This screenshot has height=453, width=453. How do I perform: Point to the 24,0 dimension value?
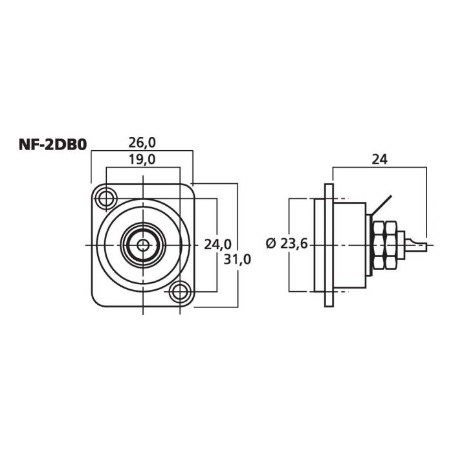pos(217,245)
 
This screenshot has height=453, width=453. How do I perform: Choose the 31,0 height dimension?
pos(237,259)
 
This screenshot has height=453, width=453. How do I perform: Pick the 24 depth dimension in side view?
pos(379,159)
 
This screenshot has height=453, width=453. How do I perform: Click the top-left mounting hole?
pos(105,197)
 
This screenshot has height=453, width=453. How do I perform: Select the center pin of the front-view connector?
pos(142,245)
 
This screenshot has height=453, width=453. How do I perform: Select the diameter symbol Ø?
pos(270,244)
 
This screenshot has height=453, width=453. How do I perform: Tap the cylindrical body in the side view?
pos(353,245)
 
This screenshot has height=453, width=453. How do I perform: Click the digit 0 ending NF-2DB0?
pos(82,145)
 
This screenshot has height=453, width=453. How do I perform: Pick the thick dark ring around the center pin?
pos(129,245)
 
